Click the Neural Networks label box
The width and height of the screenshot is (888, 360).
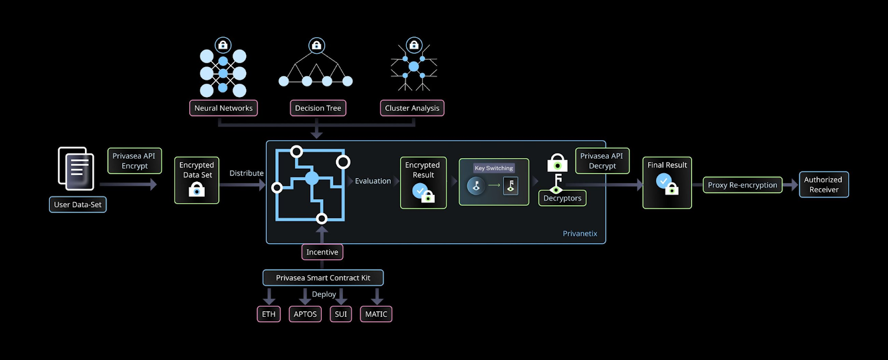223,108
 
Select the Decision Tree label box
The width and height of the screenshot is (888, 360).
318,108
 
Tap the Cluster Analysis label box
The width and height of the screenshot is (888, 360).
412,108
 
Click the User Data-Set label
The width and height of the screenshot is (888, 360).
78,205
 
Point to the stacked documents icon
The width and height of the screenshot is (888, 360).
76,168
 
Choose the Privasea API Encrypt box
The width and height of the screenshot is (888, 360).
134,161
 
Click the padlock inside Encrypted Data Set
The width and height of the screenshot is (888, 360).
196,190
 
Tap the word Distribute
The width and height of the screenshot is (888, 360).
246,173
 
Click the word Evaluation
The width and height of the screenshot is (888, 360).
373,181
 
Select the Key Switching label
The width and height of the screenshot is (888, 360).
493,168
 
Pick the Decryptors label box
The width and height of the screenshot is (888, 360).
562,198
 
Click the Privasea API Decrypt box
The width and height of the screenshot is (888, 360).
602,161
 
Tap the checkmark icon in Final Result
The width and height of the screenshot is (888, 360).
663,180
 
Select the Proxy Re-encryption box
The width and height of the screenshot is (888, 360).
742,185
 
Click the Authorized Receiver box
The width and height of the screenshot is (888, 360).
823,185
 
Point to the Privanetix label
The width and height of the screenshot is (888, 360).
579,234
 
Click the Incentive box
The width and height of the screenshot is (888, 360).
322,252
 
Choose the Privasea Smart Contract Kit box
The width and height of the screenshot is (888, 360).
322,278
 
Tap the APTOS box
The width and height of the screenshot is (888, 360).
305,314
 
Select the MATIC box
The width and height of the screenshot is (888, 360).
376,314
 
